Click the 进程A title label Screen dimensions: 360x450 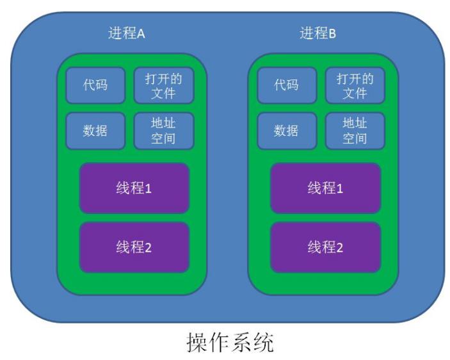127,34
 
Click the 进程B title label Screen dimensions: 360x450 317,34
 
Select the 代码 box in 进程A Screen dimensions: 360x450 95,85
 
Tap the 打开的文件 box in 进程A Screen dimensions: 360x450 163,85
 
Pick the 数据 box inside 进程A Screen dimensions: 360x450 95,131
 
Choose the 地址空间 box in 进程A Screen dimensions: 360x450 163,131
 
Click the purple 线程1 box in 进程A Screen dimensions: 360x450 134,188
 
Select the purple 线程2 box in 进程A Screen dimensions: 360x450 134,247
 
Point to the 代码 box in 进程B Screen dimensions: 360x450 286,85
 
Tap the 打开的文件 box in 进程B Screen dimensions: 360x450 355,85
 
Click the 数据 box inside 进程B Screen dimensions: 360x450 286,131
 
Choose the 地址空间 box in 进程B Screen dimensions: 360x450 355,131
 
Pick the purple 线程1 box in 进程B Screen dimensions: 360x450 325,188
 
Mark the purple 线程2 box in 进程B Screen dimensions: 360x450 325,247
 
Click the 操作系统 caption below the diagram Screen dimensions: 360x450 230,343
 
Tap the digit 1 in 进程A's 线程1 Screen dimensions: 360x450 148,189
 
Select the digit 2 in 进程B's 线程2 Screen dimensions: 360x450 339,247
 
